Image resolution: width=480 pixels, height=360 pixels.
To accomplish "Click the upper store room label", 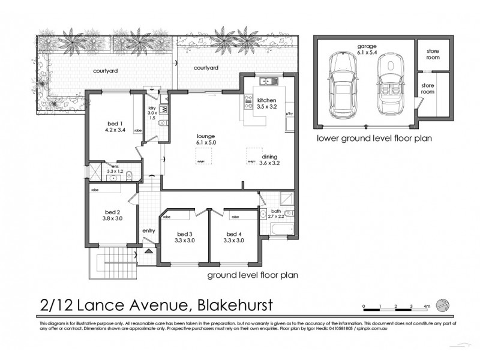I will tap(433, 55).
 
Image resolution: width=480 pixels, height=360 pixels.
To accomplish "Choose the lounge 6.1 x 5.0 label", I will tap(205, 139).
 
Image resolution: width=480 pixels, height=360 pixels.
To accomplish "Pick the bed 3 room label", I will tap(185, 237).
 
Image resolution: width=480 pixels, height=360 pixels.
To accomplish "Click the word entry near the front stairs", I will tap(148, 230).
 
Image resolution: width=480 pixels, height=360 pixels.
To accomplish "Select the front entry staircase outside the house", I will tap(112, 262).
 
